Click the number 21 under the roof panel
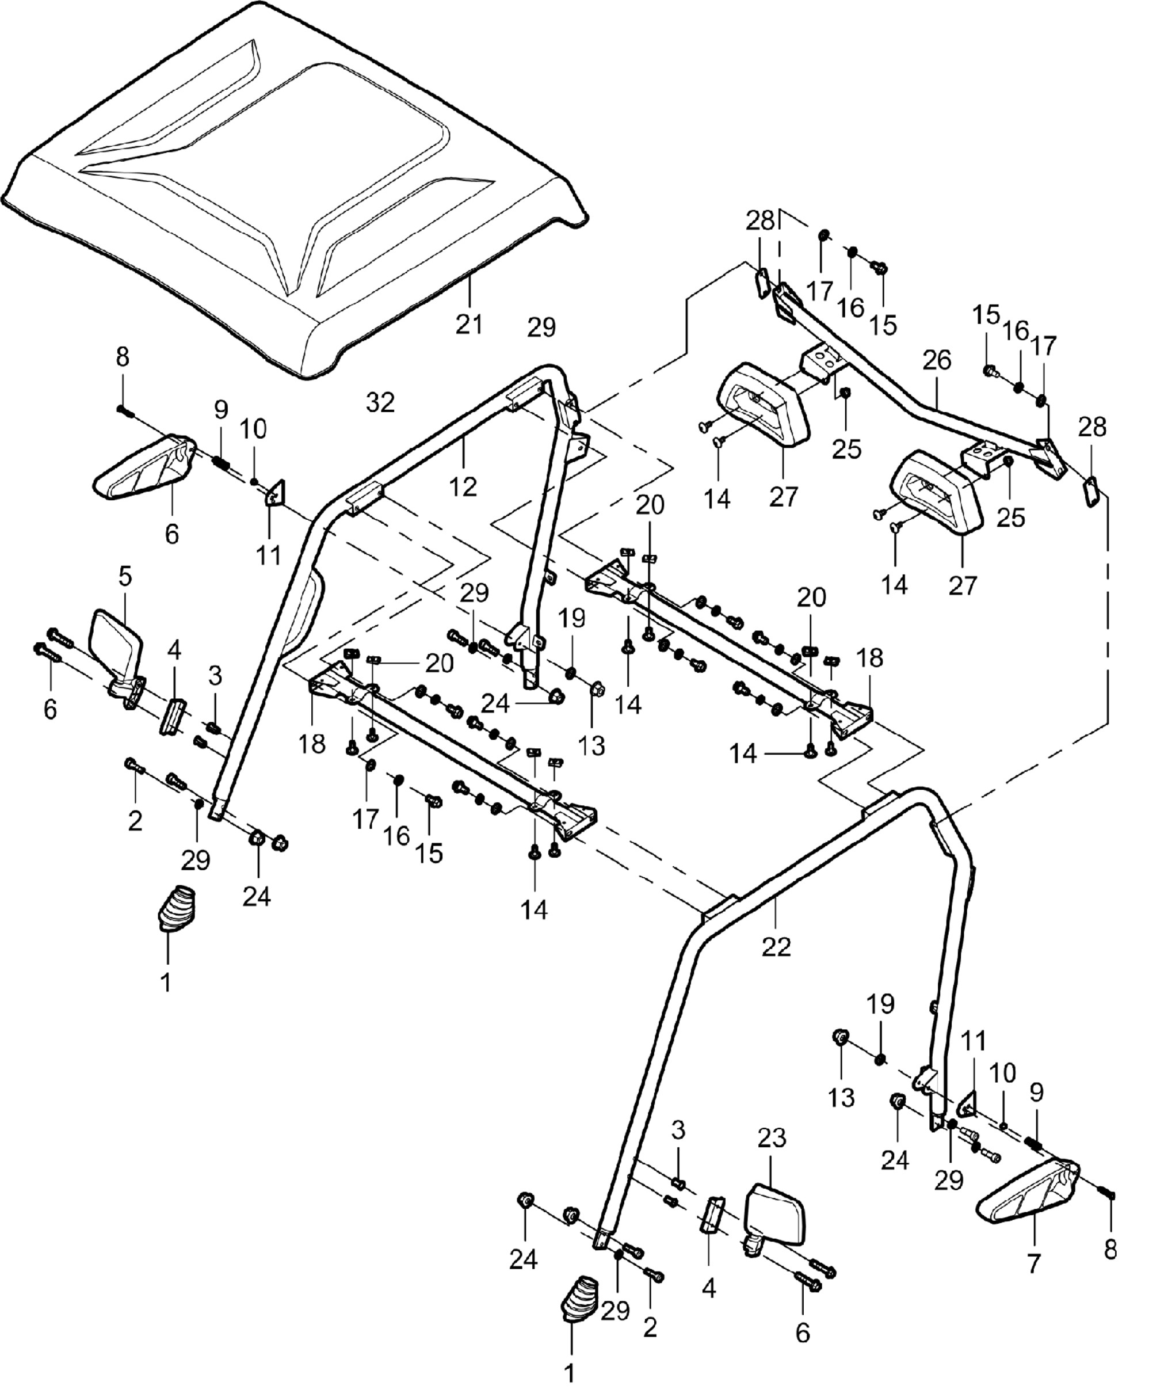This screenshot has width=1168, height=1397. tap(469, 325)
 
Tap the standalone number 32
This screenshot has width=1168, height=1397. tap(380, 402)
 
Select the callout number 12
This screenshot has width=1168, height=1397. tap(463, 487)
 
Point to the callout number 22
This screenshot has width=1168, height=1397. tap(776, 947)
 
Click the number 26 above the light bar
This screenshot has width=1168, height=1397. tap(937, 360)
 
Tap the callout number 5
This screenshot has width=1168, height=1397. tap(125, 576)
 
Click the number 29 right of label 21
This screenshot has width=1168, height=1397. tap(541, 328)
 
